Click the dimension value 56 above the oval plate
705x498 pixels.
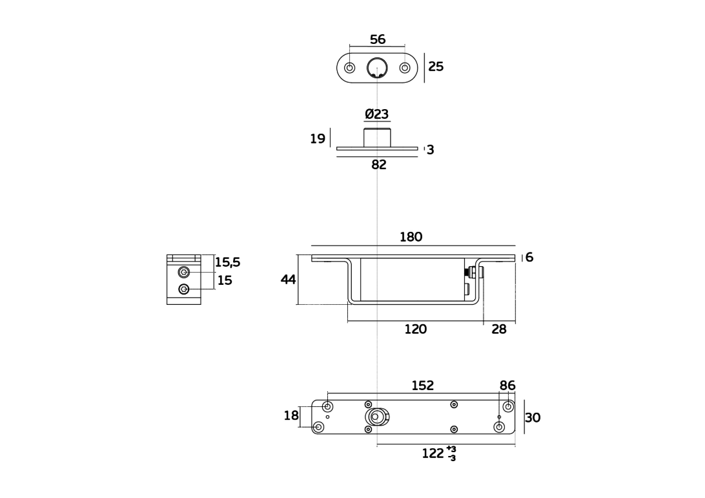click(x=378, y=39)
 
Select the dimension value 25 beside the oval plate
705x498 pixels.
click(x=436, y=67)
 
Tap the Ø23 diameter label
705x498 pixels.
click(x=377, y=114)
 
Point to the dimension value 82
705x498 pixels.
click(x=378, y=165)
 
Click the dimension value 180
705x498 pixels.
click(x=411, y=237)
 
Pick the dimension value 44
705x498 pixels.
click(x=288, y=280)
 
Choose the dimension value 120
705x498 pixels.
click(x=416, y=329)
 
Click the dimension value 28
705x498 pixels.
click(x=499, y=329)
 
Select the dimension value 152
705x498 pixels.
click(x=422, y=386)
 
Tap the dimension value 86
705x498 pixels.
click(x=507, y=386)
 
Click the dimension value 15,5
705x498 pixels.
click(x=227, y=262)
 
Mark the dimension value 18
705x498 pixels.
click(x=291, y=416)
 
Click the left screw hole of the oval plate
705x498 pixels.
click(x=350, y=68)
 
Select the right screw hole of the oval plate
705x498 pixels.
click(x=405, y=68)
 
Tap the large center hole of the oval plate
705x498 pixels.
click(x=377, y=67)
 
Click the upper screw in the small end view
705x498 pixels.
click(x=185, y=273)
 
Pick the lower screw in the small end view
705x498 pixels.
click(x=185, y=289)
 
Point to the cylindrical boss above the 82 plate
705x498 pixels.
click(x=377, y=138)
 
